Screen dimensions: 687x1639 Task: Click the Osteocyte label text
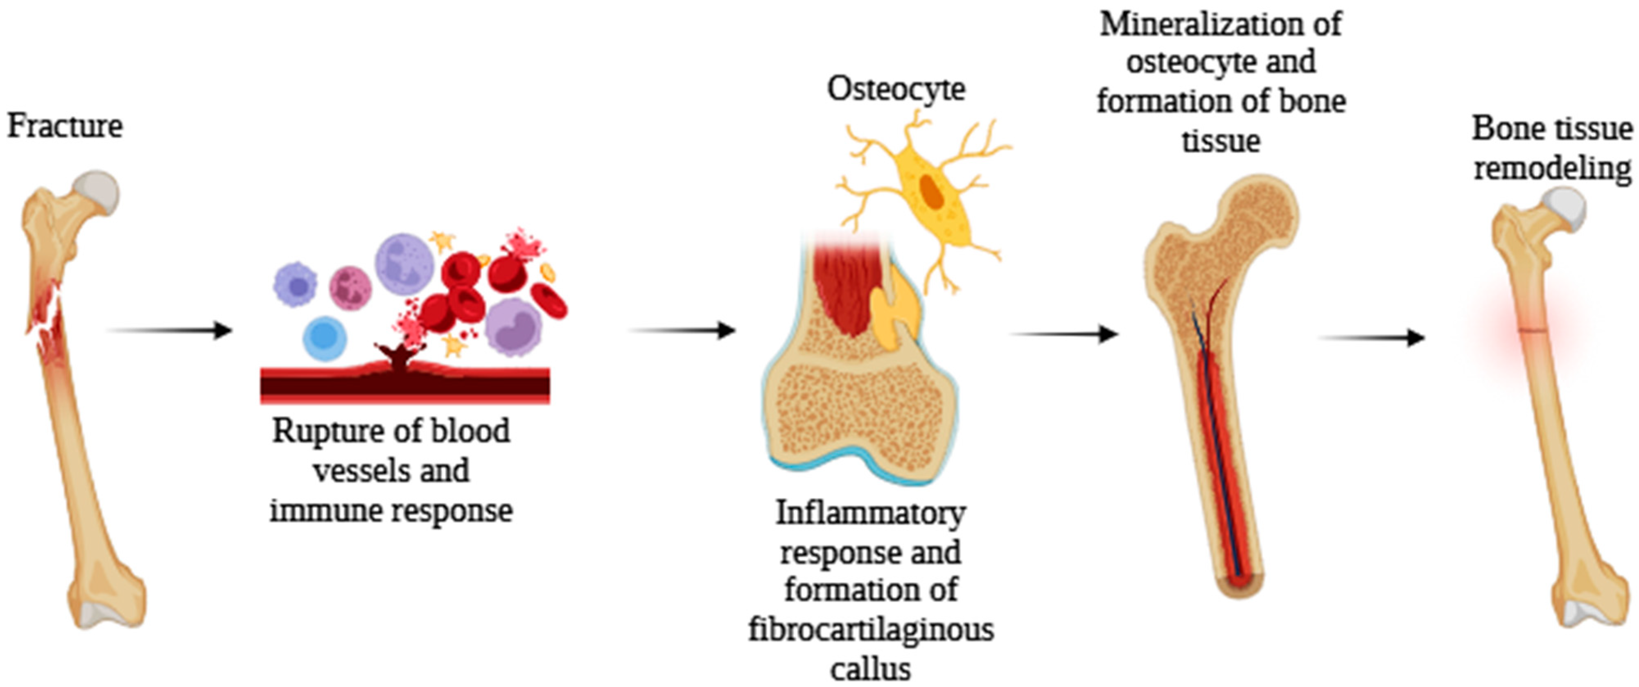click(896, 89)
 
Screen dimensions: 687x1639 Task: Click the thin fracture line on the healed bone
click(1532, 330)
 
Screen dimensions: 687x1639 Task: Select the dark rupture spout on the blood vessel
click(399, 356)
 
